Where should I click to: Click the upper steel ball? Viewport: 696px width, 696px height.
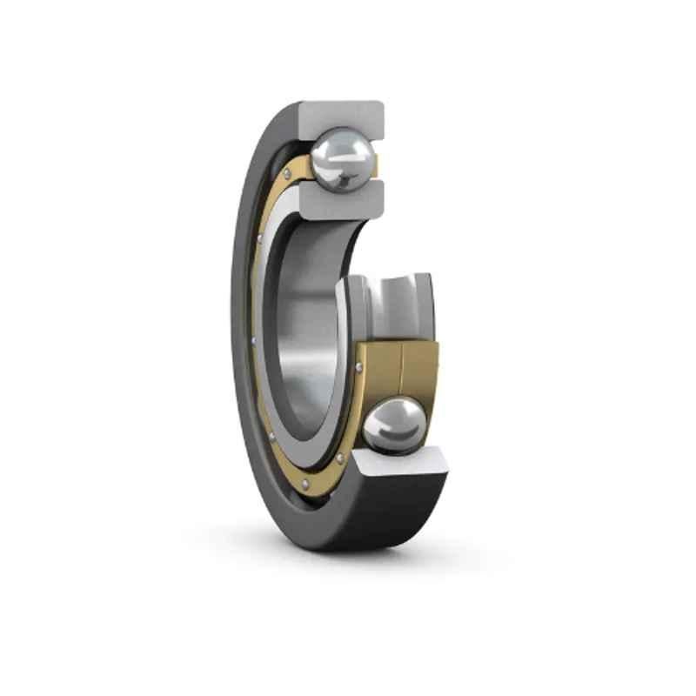point(345,158)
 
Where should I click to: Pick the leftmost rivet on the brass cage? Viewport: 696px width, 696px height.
point(252,339)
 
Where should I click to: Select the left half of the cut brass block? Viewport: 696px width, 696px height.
point(378,374)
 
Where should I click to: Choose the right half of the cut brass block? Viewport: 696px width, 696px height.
point(419,370)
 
